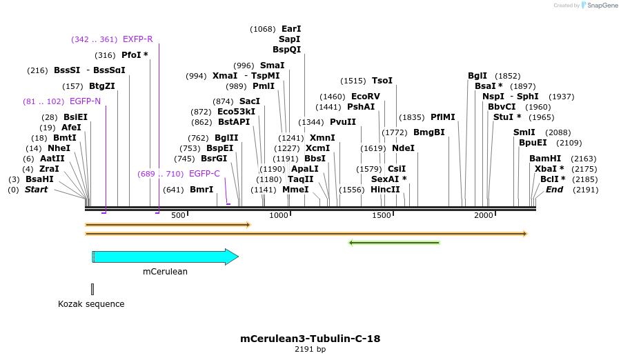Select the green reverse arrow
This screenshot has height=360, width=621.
pyautogui.click(x=394, y=243)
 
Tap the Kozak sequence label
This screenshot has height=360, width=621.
pyautogui.click(x=91, y=304)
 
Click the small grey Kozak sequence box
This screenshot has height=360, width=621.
pyautogui.click(x=92, y=289)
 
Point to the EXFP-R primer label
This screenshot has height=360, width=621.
pyautogui.click(x=137, y=39)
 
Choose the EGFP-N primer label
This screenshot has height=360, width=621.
pyautogui.click(x=86, y=101)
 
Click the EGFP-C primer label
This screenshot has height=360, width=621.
pyautogui.click(x=204, y=174)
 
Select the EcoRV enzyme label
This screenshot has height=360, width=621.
pyautogui.click(x=366, y=97)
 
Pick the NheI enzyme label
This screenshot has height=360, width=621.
pyautogui.click(x=59, y=148)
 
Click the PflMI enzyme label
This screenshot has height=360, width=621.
pyautogui.click(x=443, y=117)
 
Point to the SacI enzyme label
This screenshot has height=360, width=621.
pyautogui.click(x=250, y=101)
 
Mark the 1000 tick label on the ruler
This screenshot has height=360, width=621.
pyautogui.click(x=279, y=216)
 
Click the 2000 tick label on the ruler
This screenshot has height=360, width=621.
pyautogui.click(x=484, y=216)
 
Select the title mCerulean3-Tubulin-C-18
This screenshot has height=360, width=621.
pyautogui.click(x=310, y=339)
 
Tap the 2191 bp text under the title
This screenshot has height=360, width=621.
pyautogui.click(x=310, y=350)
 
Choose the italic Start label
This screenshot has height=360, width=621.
pyautogui.click(x=37, y=190)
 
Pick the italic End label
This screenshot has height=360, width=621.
pyautogui.click(x=554, y=190)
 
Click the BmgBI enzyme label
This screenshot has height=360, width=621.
pyautogui.click(x=429, y=132)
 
